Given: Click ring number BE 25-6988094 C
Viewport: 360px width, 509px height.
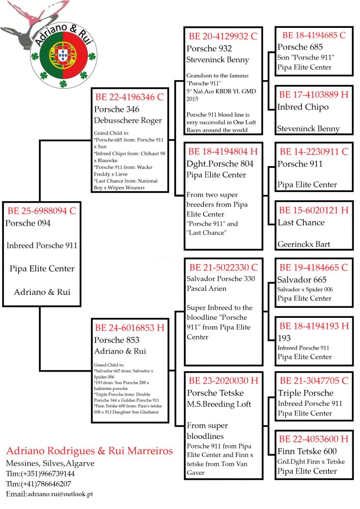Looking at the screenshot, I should [41, 210].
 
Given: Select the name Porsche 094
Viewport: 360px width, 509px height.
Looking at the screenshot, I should [28, 223].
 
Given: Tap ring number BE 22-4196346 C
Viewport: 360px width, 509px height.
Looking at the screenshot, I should [130, 97].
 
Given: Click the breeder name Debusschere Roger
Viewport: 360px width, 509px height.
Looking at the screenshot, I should [128, 120].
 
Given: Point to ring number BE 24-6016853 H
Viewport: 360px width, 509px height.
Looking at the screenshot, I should [130, 328].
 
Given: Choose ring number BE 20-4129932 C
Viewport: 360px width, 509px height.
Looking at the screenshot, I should [223, 36].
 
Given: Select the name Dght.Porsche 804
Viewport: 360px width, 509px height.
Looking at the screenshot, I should [220, 163].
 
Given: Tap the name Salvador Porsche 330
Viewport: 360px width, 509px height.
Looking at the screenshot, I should [221, 279].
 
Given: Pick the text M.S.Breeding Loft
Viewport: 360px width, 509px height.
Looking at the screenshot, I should [219, 404].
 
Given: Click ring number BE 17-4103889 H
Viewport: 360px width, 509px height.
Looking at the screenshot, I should [314, 95].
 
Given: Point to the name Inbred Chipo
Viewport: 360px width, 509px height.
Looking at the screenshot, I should [303, 107].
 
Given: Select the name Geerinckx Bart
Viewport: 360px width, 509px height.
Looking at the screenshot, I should [304, 244].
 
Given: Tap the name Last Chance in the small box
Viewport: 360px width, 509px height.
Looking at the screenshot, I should [301, 222].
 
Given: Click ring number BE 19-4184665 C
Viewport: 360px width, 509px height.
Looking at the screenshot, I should [314, 267].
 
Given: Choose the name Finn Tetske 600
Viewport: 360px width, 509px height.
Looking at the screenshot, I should [307, 451].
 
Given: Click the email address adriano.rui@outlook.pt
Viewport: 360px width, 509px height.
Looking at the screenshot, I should [60, 494].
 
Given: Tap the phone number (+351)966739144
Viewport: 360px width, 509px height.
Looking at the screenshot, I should [47, 473].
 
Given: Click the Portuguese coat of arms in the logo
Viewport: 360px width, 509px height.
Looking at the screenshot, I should [62, 56].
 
